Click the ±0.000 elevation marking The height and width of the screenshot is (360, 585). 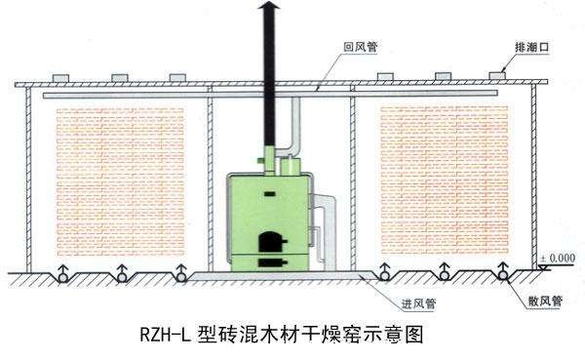(x=557, y=258)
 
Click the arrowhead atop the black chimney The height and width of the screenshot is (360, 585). (x=270, y=8)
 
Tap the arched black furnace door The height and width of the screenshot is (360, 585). (x=265, y=242)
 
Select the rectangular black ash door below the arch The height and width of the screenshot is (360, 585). (x=265, y=262)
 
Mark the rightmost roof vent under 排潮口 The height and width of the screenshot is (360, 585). (x=499, y=74)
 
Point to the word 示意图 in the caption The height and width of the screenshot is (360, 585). (x=399, y=335)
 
